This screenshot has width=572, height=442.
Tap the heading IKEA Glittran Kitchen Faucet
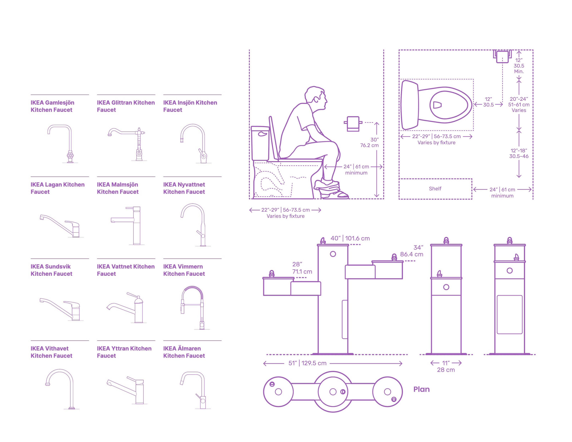pyautogui.click(x=126, y=106)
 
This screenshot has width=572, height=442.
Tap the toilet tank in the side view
pyautogui.click(x=260, y=143)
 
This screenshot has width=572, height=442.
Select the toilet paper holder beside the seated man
pyautogui.click(x=353, y=124)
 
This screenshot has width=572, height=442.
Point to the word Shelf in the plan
pyautogui.click(x=435, y=189)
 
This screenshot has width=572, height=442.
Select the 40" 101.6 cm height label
pyautogui.click(x=350, y=238)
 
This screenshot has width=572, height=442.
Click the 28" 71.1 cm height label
pyautogui.click(x=302, y=268)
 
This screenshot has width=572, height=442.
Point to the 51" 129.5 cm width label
pyautogui.click(x=307, y=363)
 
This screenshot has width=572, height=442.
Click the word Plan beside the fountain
pyautogui.click(x=421, y=389)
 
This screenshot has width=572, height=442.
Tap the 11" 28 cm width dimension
pyautogui.click(x=446, y=366)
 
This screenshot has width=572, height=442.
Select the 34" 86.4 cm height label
pyautogui.click(x=412, y=251)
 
